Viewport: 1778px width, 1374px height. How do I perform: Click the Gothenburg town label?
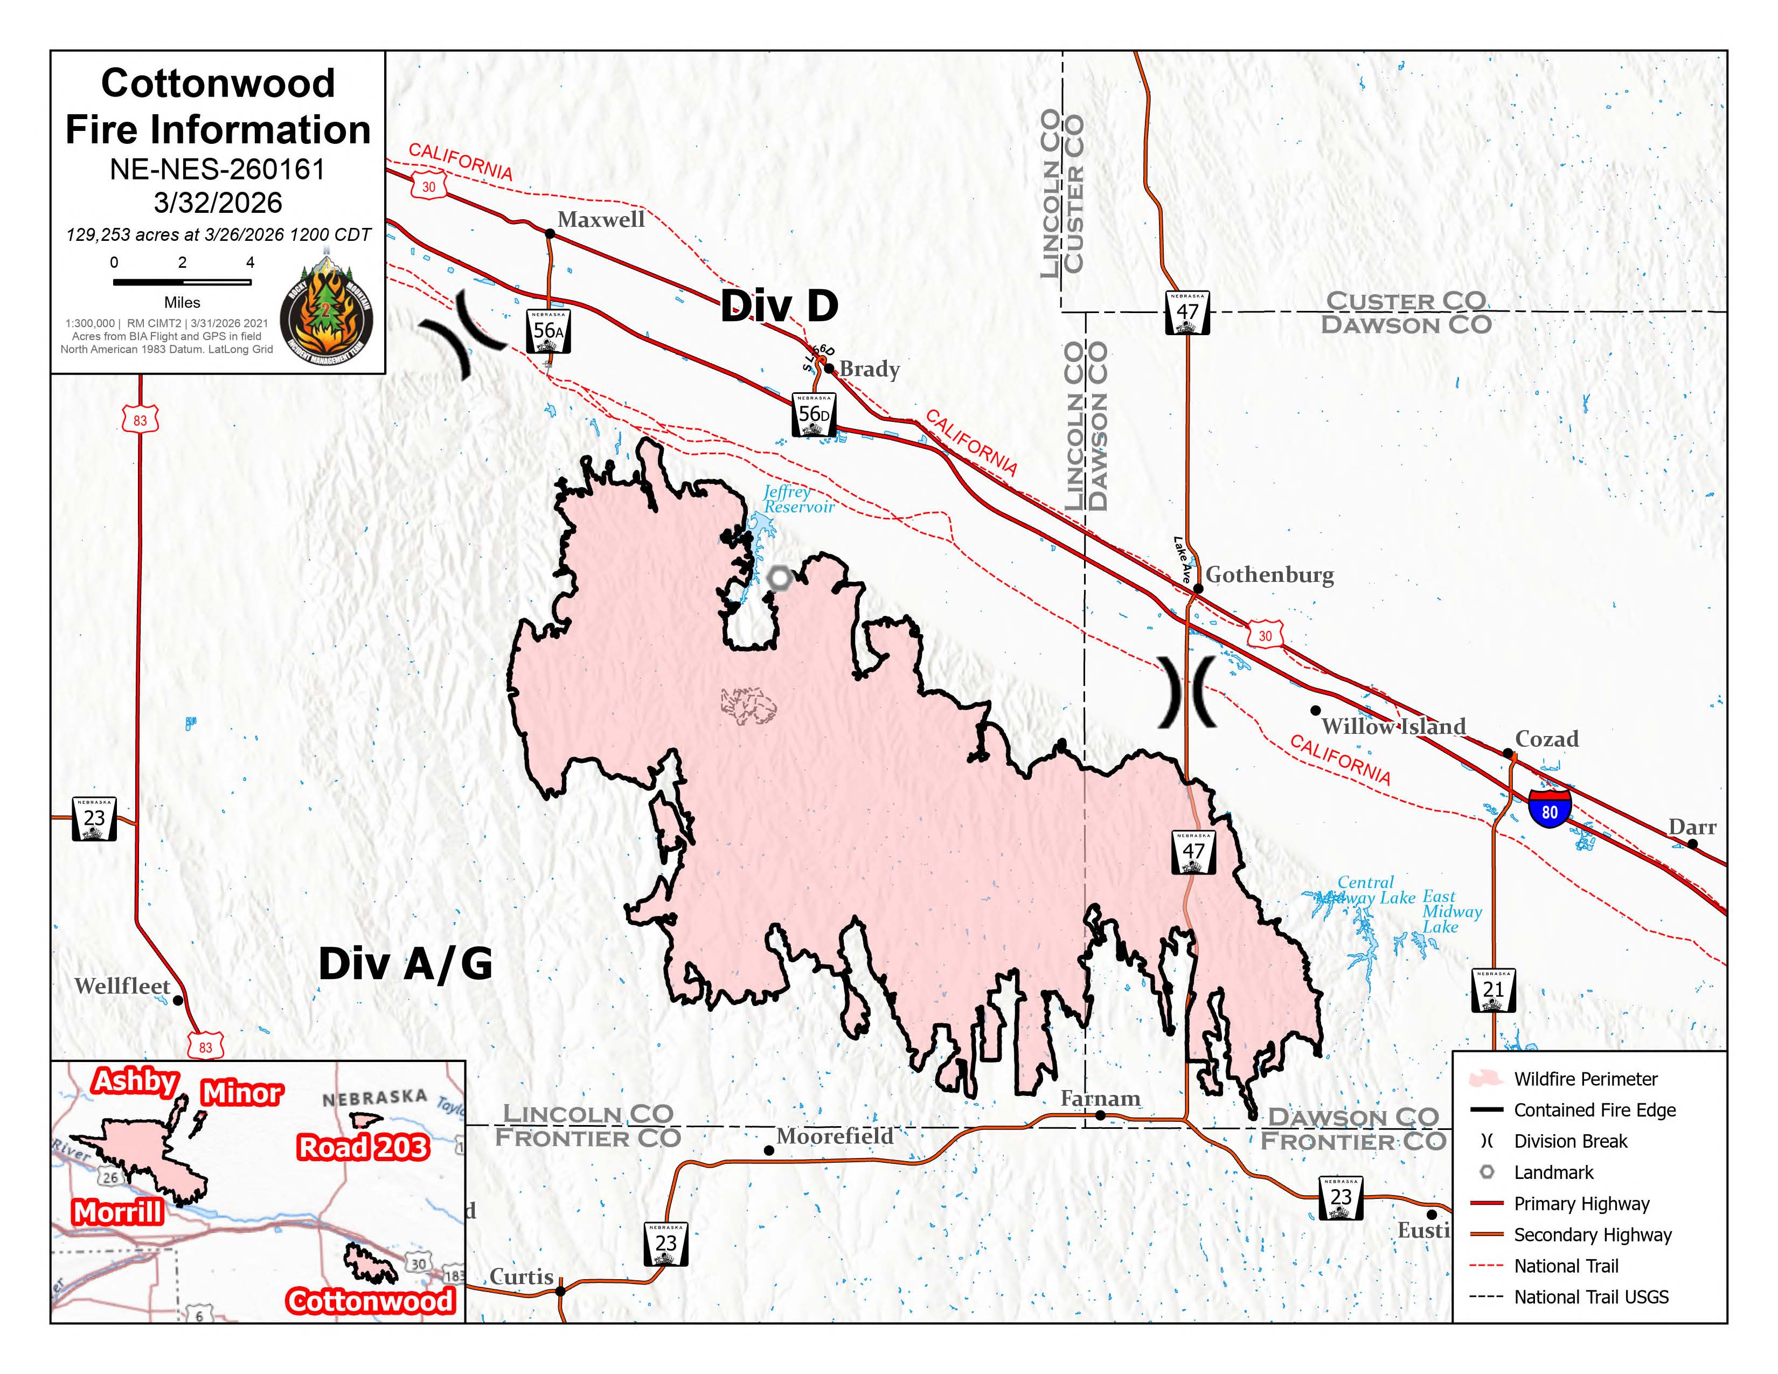coord(1268,575)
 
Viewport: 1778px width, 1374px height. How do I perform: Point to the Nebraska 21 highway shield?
coord(1493,990)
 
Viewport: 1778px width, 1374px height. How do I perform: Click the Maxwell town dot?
coord(550,234)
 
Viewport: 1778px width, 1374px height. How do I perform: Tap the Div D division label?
coord(779,306)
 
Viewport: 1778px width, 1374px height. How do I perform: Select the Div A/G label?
coord(405,964)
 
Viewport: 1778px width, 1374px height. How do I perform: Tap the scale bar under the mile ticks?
coord(182,282)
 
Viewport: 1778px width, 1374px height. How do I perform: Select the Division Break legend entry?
coord(1569,1141)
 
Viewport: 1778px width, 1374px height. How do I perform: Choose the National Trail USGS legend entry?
coord(1590,1296)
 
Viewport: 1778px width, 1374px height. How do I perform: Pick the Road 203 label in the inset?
coord(362,1147)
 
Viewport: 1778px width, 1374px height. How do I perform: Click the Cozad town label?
coord(1546,739)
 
